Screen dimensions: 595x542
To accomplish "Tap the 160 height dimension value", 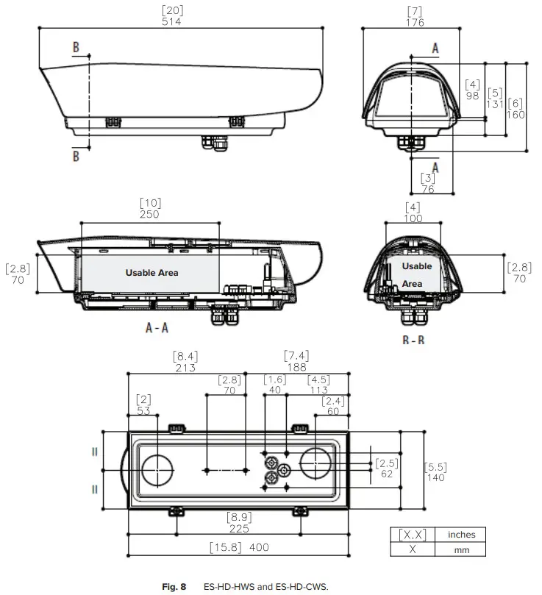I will click(516, 114).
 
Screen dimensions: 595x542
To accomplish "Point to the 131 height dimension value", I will click(495, 104).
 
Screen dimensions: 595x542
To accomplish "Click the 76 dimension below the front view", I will click(427, 188).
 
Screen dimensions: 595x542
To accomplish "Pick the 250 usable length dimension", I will click(150, 214).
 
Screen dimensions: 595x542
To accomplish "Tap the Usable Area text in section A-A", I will click(151, 273).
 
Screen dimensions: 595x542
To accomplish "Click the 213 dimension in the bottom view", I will click(185, 368).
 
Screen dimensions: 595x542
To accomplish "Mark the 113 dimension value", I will click(318, 391).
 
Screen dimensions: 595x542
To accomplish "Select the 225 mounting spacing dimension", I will click(238, 528).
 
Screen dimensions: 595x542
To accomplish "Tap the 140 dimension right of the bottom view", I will click(436, 477).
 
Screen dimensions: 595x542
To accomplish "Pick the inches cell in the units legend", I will click(461, 535).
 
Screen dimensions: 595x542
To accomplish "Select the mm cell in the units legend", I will click(461, 549).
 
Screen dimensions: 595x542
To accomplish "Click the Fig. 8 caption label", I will click(174, 586).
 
